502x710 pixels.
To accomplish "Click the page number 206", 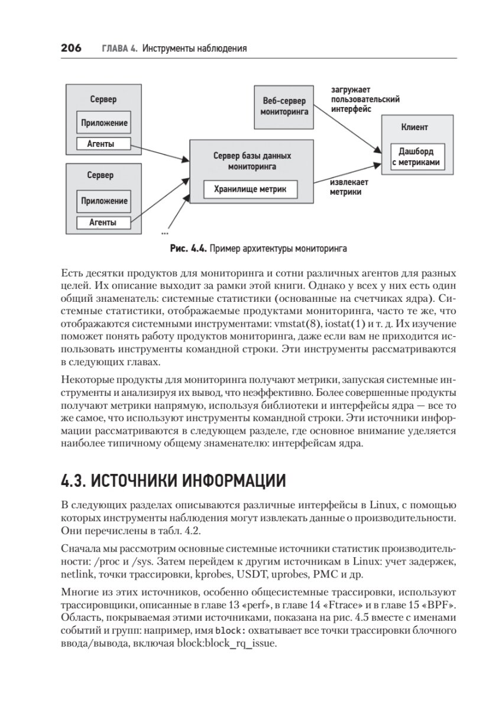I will point(71,48).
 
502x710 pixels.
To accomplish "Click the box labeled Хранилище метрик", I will point(251,189).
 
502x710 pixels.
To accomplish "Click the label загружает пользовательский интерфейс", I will point(365,99).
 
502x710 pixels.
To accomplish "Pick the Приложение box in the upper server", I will point(103,123).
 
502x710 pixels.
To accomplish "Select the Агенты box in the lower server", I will point(103,222).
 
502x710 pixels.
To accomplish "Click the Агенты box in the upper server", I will point(103,144).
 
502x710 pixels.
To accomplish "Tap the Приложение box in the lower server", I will point(103,201).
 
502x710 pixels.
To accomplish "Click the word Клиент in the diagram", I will point(414,127).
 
